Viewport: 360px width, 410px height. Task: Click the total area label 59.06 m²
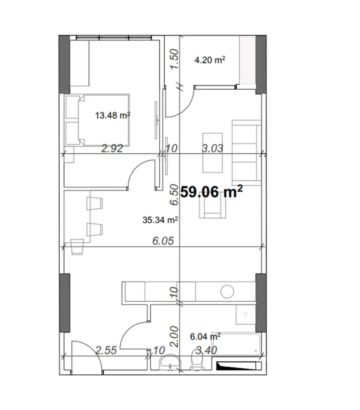[x=212, y=192]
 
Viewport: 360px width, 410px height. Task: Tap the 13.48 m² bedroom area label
[x=113, y=116]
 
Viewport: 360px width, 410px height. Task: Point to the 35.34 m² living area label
[x=160, y=219]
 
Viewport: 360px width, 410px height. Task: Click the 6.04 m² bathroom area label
[x=206, y=337]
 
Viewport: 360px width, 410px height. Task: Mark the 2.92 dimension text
[x=112, y=149]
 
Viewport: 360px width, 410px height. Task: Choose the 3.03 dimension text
[x=212, y=149]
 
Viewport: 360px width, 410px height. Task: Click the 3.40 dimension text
[x=206, y=351]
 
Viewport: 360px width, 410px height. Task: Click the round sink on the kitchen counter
[x=228, y=291]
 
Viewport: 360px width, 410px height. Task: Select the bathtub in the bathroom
[x=237, y=344]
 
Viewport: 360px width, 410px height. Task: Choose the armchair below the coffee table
[x=213, y=208]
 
